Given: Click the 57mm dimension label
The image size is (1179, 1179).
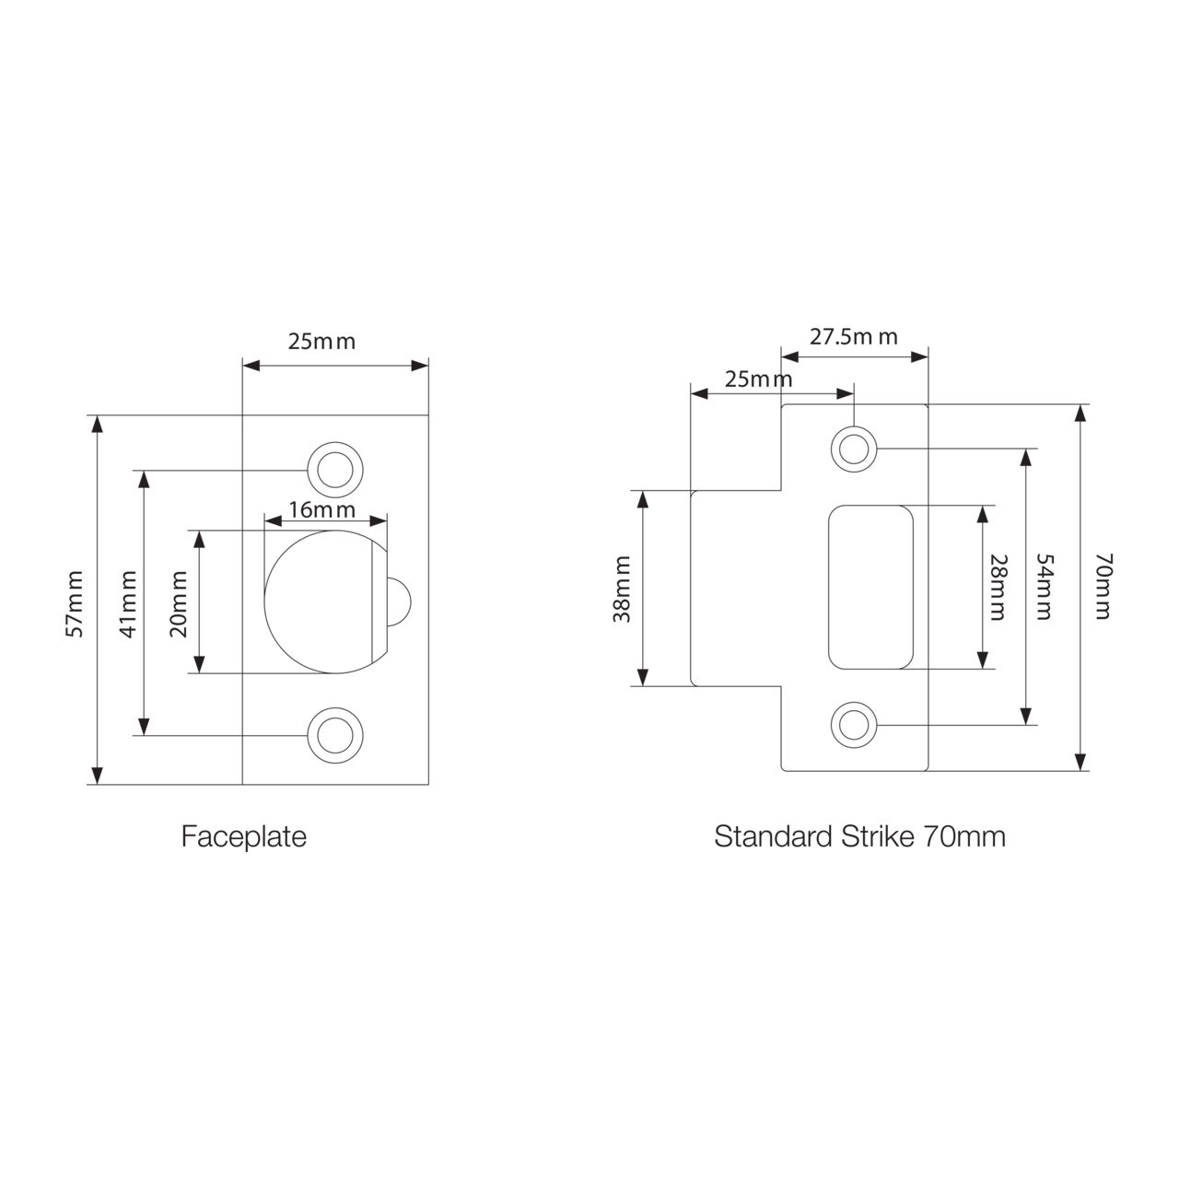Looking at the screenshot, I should pos(76,603).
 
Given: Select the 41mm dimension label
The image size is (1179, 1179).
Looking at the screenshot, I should pos(128,603).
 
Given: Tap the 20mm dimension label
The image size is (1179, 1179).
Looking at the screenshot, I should pos(179,603).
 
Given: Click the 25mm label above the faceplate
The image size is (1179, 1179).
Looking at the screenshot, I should pos(321,342).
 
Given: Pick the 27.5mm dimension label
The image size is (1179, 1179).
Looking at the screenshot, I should pos(854,336).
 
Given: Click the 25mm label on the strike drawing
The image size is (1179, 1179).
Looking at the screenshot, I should pos(758,379).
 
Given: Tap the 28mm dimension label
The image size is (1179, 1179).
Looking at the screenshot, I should pos(998,587).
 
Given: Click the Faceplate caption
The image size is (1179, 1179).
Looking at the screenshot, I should pos(244,836).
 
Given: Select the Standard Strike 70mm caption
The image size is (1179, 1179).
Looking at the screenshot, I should pos(859,836).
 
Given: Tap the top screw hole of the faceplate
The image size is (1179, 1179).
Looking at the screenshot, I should pos(334,469).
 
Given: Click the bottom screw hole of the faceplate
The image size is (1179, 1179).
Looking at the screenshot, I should pos(334,735).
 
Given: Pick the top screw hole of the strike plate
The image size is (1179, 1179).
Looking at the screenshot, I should pos(853,449).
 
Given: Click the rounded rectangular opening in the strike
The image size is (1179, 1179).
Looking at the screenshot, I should pos(871,587).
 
